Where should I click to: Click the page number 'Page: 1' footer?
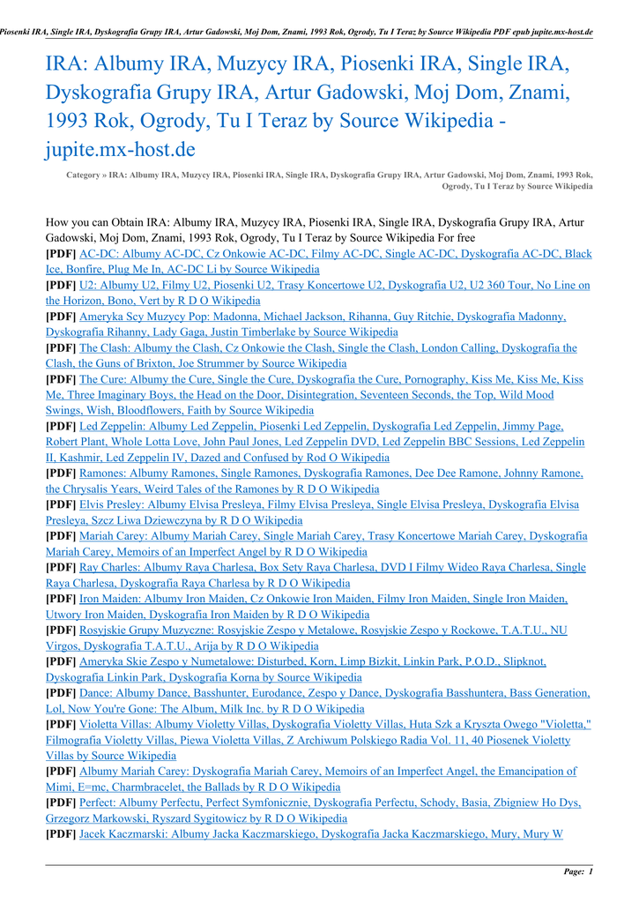[x=578, y=872]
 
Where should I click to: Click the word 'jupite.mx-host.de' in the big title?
[x=120, y=148]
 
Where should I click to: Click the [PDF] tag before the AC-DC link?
[x=61, y=254]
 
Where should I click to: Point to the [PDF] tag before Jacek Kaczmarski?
[x=61, y=833]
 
